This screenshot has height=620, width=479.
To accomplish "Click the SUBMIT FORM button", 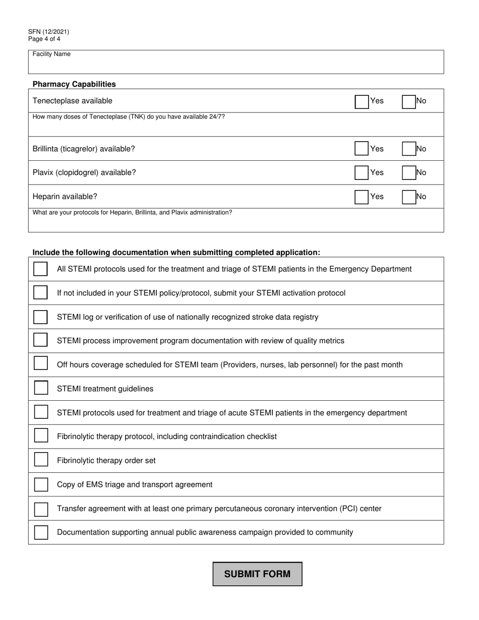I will (x=257, y=574).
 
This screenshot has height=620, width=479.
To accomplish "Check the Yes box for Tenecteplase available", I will (x=362, y=101).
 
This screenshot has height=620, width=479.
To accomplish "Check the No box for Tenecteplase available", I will (x=408, y=101).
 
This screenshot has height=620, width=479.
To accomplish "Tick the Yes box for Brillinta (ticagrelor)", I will (x=362, y=149).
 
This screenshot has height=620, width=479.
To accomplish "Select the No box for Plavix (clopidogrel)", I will (x=408, y=172).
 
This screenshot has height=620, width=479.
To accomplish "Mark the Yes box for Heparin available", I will (x=362, y=197).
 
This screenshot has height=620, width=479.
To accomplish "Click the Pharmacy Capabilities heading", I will (x=74, y=84).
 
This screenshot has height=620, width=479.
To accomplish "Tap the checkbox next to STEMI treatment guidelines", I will (x=41, y=388).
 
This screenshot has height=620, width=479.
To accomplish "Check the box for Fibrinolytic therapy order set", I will (x=41, y=460).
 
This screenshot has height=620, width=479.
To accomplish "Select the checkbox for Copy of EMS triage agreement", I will (x=41, y=484).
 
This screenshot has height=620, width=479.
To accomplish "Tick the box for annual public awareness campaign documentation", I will (x=41, y=532).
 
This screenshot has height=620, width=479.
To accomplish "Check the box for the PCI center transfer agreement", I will (x=41, y=508).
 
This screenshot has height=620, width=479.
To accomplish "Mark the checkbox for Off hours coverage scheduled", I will (x=41, y=364).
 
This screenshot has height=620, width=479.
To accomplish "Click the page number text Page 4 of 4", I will (x=44, y=39).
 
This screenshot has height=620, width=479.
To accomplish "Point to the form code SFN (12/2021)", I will (x=49, y=32).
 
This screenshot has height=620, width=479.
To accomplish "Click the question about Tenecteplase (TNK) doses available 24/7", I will (x=129, y=117).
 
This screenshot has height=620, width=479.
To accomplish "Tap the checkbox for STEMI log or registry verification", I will (x=41, y=317).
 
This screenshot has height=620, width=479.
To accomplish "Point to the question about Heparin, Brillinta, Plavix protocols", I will (x=132, y=213).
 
